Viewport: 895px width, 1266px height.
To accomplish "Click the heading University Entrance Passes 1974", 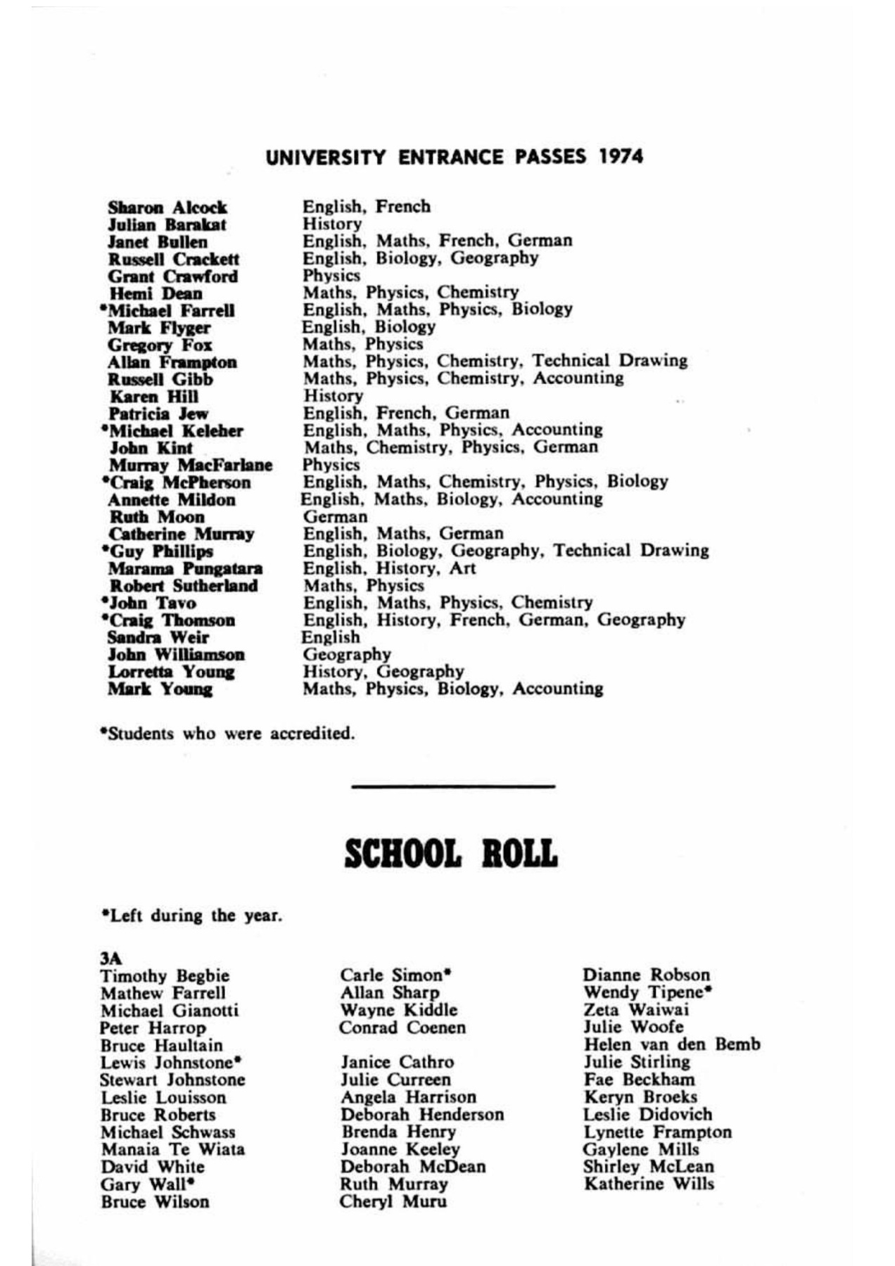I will (x=454, y=156).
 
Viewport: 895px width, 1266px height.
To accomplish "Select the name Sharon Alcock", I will (x=167, y=207).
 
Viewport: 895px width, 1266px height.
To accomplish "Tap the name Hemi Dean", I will (x=155, y=293).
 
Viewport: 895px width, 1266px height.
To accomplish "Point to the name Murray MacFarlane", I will (x=190, y=466).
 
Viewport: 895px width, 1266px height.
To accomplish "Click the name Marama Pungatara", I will (x=185, y=568).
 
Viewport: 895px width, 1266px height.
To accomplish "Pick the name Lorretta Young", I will (x=171, y=672).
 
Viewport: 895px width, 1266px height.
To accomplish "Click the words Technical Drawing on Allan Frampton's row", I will (x=609, y=361).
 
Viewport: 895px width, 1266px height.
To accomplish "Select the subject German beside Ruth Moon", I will (x=335, y=517).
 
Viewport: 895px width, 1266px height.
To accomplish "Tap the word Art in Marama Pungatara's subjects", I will (x=462, y=568).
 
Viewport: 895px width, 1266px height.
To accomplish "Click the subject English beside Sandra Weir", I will (x=330, y=637).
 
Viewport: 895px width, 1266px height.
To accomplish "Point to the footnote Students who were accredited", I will (x=227, y=734).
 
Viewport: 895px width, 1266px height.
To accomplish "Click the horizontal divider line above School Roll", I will (x=452, y=786).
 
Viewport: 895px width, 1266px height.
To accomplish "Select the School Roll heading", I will (x=451, y=853).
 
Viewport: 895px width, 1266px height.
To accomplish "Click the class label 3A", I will (x=110, y=958).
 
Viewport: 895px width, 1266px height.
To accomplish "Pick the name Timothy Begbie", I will (x=165, y=976).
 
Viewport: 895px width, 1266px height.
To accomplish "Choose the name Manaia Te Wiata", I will (x=172, y=1150).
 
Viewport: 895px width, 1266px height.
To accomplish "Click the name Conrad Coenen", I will (x=402, y=1028).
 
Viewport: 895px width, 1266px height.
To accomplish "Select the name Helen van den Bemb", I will (x=671, y=1044).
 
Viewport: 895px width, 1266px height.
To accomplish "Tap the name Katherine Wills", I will (x=648, y=1184).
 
